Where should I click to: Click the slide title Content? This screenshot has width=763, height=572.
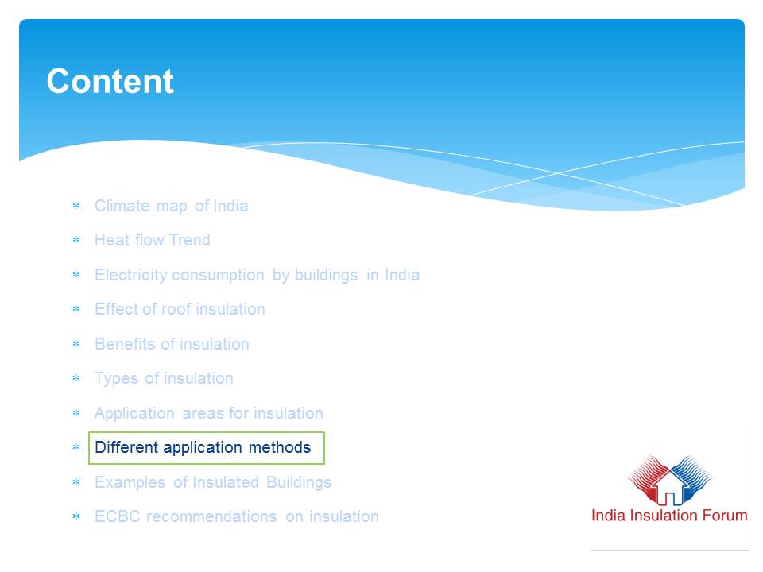coord(110,81)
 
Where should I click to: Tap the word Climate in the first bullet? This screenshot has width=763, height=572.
coord(122,206)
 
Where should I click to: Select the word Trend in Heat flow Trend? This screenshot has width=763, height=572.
coord(190,240)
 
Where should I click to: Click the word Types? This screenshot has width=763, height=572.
coord(116,378)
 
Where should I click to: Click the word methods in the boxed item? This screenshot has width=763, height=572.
coord(280,447)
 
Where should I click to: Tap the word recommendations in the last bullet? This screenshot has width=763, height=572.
coord(211,516)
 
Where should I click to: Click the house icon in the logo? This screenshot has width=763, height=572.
coord(670,488)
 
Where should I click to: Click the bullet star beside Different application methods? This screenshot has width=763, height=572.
coord(76,447)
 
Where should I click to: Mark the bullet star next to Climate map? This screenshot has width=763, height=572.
coord(76,206)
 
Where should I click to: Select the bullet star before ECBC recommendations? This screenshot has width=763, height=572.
coord(76,516)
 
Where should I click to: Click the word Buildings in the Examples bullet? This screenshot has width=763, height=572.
coord(299,482)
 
